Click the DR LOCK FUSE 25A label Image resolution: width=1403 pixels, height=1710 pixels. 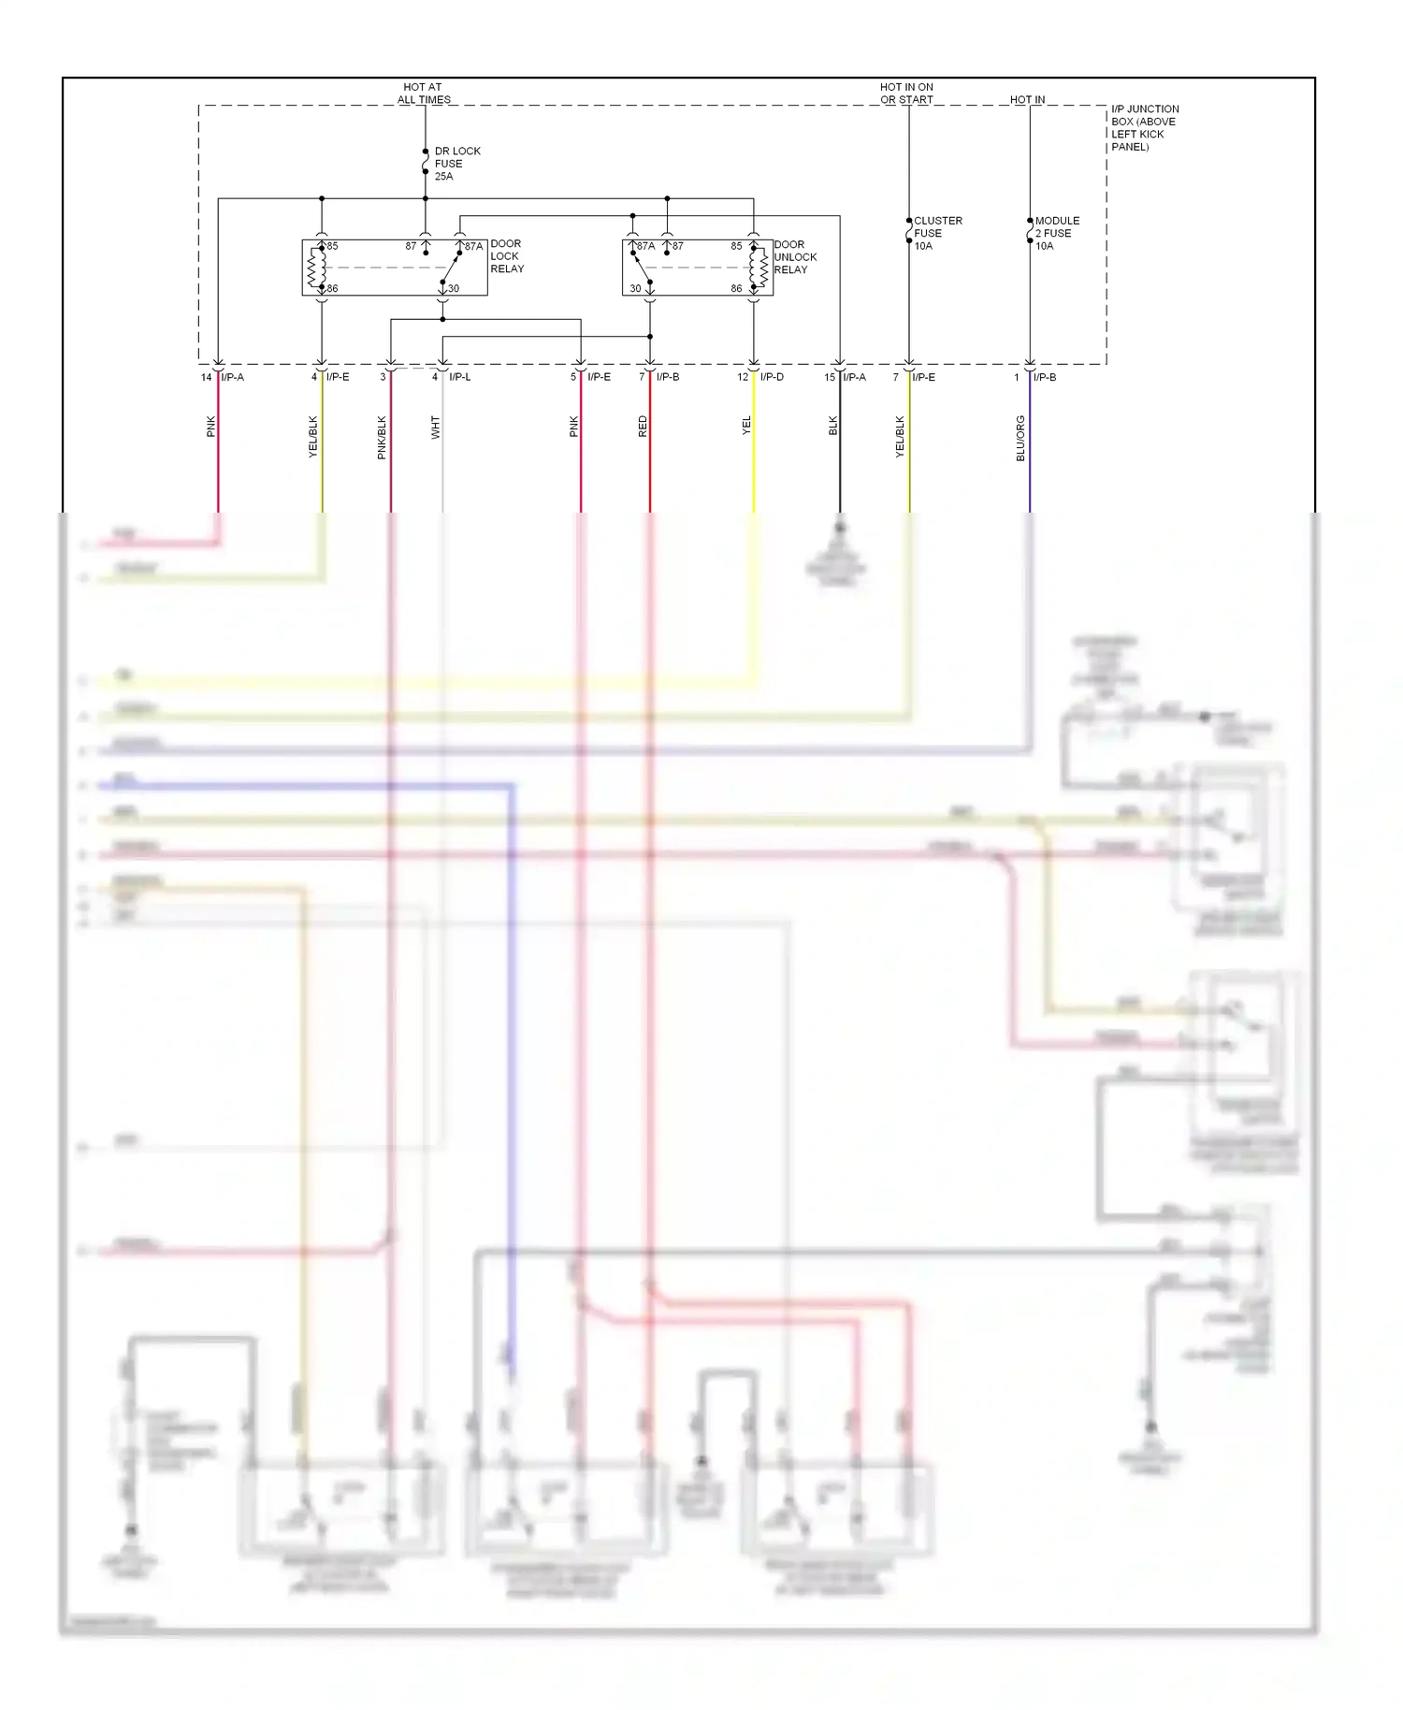click(x=456, y=164)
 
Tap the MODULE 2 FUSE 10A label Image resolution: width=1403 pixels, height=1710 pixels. click(x=1056, y=234)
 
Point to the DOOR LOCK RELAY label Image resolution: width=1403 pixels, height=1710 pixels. click(x=506, y=256)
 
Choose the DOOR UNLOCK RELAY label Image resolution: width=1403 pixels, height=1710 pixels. click(x=794, y=257)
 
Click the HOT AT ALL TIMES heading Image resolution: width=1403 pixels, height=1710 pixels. click(x=423, y=94)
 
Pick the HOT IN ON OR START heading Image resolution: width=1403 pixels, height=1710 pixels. click(x=905, y=94)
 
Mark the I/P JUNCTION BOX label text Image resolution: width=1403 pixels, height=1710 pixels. click(x=1144, y=128)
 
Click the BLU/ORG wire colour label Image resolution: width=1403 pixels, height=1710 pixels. click(x=1020, y=438)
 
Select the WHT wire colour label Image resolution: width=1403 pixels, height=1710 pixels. click(x=435, y=427)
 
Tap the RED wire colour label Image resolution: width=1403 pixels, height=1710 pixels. click(x=643, y=427)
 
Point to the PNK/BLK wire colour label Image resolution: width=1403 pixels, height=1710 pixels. click(x=382, y=438)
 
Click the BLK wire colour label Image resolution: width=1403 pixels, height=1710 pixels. click(x=832, y=426)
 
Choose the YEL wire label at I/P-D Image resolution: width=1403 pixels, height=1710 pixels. click(x=746, y=426)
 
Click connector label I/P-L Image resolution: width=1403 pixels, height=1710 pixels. click(x=459, y=377)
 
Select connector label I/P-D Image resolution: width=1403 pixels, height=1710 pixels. click(x=772, y=377)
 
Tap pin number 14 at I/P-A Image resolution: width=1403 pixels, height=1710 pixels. click(x=206, y=378)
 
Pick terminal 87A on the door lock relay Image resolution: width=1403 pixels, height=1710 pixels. click(x=473, y=247)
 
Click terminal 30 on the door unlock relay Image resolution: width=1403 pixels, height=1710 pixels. click(x=635, y=289)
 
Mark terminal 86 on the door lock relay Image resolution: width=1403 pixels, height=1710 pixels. click(x=332, y=289)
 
